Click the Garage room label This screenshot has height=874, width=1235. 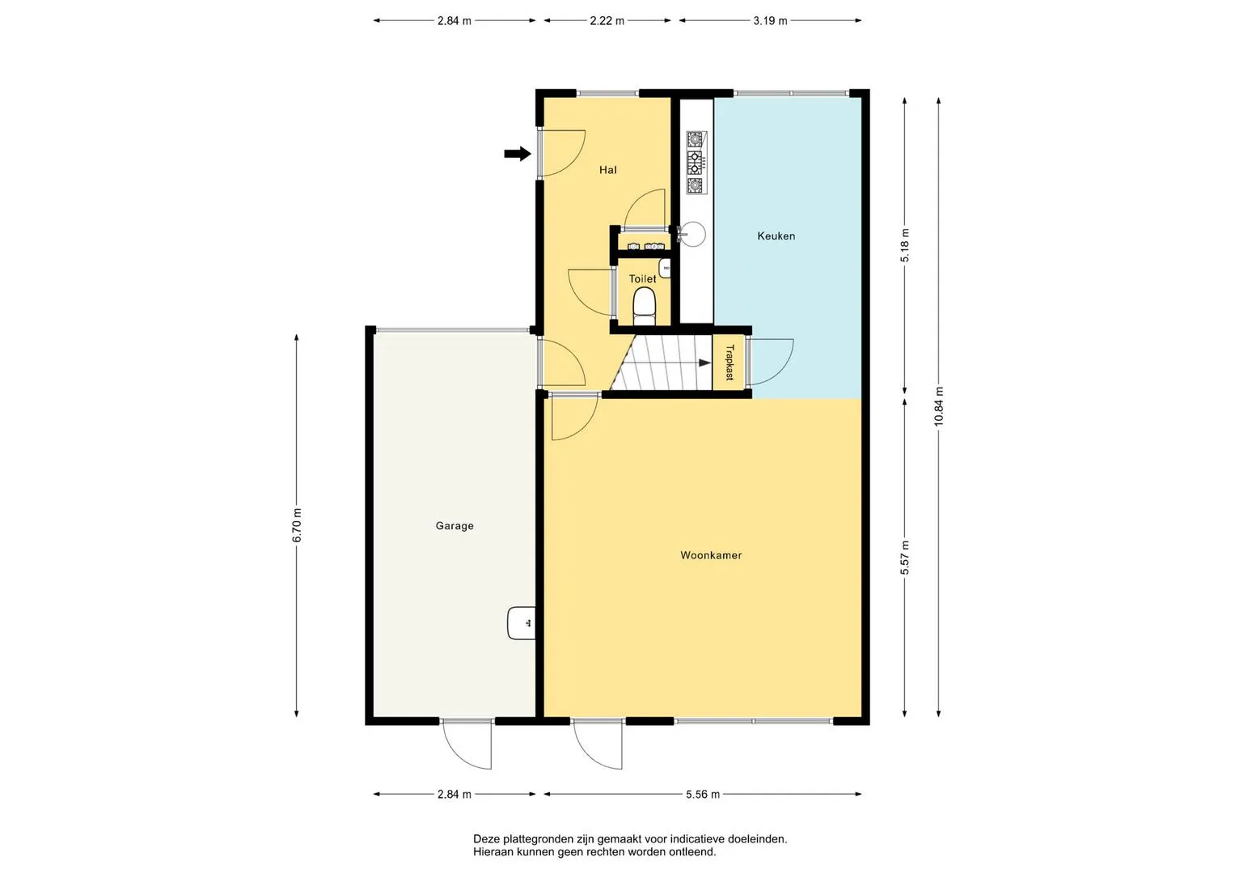(455, 526)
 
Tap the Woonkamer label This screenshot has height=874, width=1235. (711, 555)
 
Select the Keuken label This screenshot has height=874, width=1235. (776, 236)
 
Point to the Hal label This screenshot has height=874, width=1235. (607, 170)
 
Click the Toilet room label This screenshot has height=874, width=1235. (642, 278)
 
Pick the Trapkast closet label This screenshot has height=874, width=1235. (730, 363)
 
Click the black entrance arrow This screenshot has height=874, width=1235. (517, 154)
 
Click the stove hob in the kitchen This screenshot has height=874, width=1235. (696, 162)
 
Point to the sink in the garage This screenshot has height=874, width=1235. (521, 623)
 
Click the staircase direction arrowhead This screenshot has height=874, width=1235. (704, 363)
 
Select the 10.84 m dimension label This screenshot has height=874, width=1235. (938, 406)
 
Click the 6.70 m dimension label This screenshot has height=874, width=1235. (297, 524)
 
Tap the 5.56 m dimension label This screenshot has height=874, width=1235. (702, 794)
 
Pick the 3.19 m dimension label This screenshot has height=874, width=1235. (770, 21)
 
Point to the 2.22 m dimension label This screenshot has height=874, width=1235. (607, 21)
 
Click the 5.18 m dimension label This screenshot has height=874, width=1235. (905, 245)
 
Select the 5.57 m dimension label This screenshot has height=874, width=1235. (905, 558)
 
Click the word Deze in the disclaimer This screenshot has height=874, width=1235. (486, 839)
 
